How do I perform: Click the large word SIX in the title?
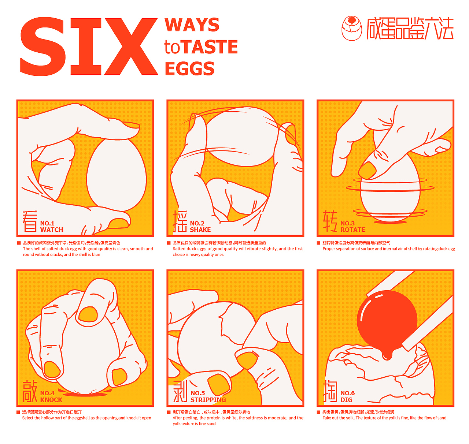[x=89, y=46]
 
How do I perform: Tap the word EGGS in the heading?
[x=190, y=69]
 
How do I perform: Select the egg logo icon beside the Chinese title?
[x=351, y=28]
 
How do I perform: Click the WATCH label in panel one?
[x=52, y=230]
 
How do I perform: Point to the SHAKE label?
[x=200, y=230]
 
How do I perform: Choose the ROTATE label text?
[x=352, y=230]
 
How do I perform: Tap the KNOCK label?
[x=51, y=400]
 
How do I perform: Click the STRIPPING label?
[x=208, y=400]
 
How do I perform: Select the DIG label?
[x=346, y=400]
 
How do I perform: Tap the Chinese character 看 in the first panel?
[x=30, y=221]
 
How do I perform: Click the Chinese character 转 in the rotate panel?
[x=330, y=221]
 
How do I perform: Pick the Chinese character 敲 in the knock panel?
[x=30, y=391]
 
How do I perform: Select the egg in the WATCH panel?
[x=117, y=175]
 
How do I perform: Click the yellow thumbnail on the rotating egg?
[x=368, y=171]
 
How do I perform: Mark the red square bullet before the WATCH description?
[x=19, y=243]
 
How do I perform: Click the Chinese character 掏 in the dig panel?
[x=330, y=391]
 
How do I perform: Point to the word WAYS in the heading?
[x=192, y=25]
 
